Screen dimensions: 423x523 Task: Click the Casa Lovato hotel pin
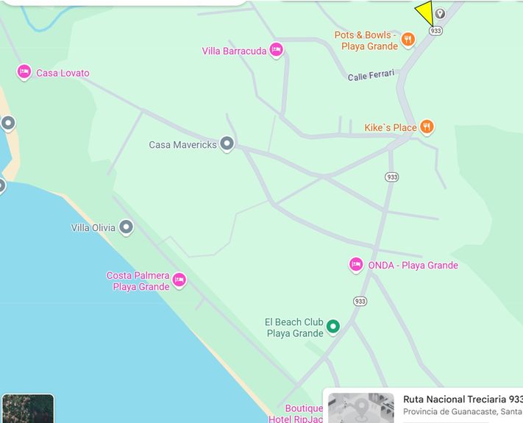pos(24,72)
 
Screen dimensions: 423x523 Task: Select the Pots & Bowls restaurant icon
pos(409,40)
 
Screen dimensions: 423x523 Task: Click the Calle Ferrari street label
pos(371,74)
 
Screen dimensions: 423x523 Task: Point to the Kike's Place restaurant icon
pos(427,127)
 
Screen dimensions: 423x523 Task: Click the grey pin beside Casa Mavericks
pos(227,144)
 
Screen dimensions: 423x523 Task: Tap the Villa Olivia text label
pos(93,227)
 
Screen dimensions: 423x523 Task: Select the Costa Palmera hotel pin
pos(179,280)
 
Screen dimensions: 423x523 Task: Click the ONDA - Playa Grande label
pos(413,266)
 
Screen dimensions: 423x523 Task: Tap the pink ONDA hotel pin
pos(356,265)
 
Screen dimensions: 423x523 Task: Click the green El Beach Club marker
pos(332,326)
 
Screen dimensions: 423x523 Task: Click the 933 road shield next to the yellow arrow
pos(435,31)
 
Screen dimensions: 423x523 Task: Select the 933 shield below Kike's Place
pos(391,177)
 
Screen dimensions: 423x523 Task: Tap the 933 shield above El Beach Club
pos(360,301)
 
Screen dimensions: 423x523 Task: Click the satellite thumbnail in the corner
pos(28,408)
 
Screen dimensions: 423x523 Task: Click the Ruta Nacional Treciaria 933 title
pos(462,399)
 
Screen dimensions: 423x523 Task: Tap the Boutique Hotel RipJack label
pos(304,413)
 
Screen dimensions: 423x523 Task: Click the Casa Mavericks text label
pos(182,145)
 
